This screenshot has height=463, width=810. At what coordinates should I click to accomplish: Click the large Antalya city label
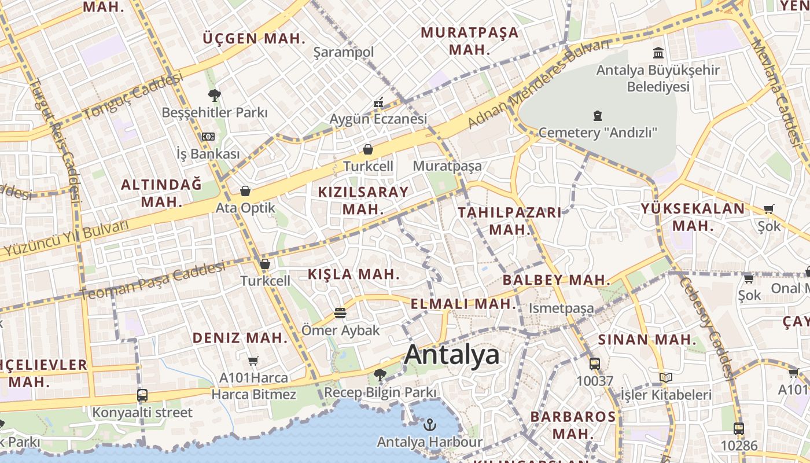click(x=451, y=354)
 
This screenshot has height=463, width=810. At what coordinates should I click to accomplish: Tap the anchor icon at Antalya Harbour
click(x=429, y=425)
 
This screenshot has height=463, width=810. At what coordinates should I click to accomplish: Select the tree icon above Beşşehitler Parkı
click(x=215, y=95)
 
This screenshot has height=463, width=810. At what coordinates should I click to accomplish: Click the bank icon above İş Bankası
click(x=208, y=137)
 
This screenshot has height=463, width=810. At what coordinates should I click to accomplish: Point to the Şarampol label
click(x=344, y=53)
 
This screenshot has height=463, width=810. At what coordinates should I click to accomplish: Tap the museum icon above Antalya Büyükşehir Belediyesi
click(x=658, y=53)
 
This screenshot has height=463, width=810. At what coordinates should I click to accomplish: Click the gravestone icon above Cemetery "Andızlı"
click(x=598, y=116)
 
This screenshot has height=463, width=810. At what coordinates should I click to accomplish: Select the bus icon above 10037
click(x=594, y=364)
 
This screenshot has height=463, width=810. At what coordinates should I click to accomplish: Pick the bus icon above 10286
click(x=738, y=429)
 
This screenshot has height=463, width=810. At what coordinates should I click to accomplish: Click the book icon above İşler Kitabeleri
click(x=666, y=378)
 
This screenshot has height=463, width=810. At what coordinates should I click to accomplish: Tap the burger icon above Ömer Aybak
click(x=340, y=313)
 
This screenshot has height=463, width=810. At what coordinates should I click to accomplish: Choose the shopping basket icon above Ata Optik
click(x=245, y=191)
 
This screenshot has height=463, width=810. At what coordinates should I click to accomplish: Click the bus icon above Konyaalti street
click(x=142, y=395)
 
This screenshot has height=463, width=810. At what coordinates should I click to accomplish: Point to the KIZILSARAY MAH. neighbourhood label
click(x=363, y=200)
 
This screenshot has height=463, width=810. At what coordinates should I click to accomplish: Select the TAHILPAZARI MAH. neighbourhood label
click(x=509, y=221)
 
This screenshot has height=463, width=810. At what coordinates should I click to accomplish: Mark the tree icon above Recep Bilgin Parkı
click(x=380, y=375)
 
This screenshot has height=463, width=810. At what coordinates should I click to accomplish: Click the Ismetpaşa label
click(x=561, y=308)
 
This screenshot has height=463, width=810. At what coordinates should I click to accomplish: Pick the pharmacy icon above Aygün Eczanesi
click(x=379, y=103)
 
